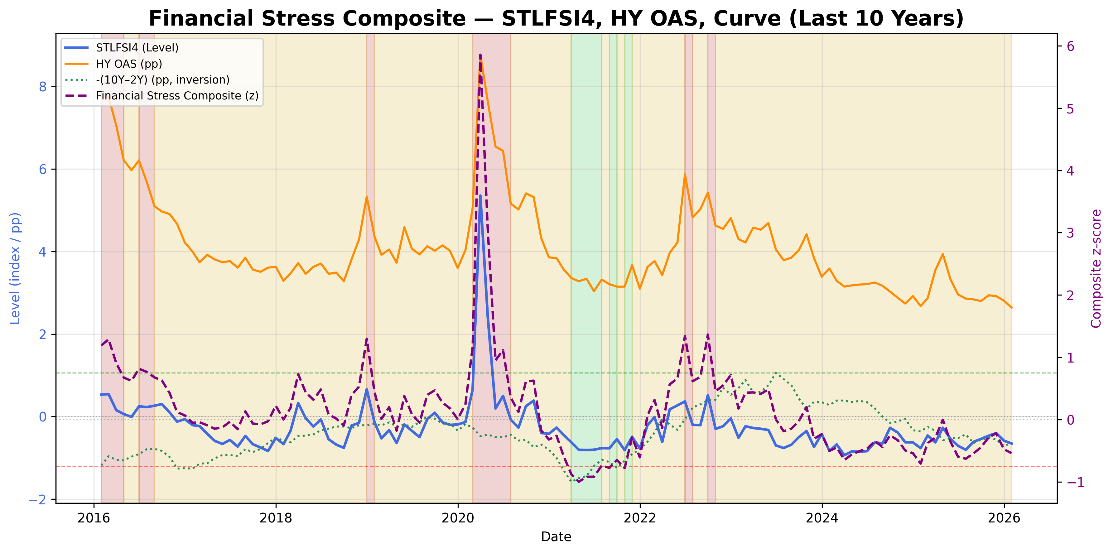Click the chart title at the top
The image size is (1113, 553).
[556, 19]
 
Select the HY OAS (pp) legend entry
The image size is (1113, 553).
[129, 64]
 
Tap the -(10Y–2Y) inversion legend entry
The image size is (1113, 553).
[162, 80]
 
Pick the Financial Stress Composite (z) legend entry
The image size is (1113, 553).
[177, 96]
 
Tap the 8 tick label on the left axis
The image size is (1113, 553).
[42, 87]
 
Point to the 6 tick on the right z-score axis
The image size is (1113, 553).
[1071, 46]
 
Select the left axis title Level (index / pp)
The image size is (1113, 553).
[16, 268]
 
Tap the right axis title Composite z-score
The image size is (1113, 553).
[1096, 268]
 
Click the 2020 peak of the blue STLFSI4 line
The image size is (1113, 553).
[480, 196]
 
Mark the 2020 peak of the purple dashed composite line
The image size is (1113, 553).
[480, 55]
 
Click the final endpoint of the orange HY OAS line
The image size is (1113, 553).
[1011, 308]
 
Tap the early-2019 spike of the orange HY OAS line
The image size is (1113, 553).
[366, 197]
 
